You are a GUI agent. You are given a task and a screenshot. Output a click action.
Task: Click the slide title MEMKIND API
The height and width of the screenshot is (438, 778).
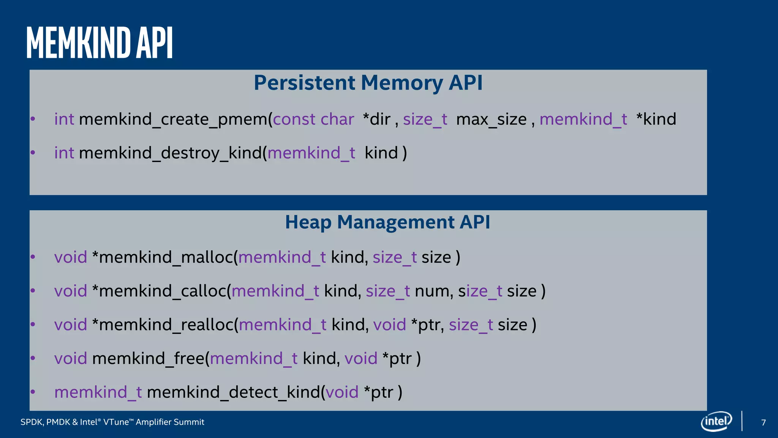click(100, 43)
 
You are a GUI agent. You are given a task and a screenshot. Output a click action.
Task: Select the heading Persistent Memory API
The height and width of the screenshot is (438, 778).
click(368, 83)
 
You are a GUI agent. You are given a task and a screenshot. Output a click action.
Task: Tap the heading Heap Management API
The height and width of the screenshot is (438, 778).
click(387, 222)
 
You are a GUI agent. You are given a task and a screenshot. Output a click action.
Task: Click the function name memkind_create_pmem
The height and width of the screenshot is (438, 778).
click(173, 119)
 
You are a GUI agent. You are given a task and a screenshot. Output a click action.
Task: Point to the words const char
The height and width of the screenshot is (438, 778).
click(313, 119)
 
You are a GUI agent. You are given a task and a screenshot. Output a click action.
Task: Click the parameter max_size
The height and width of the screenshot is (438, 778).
click(491, 119)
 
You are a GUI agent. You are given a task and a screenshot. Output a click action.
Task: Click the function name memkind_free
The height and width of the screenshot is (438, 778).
click(148, 359)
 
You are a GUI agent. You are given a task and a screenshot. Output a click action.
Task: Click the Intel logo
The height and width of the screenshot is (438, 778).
click(716, 421)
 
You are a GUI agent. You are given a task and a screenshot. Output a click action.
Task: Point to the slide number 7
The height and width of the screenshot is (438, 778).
click(764, 422)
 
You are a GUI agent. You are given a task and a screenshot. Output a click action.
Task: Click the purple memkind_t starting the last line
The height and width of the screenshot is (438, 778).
click(98, 392)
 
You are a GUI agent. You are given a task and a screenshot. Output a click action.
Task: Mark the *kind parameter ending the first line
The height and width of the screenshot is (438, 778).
click(656, 119)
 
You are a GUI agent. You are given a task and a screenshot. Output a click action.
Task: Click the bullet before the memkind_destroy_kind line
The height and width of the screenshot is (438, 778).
click(33, 153)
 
